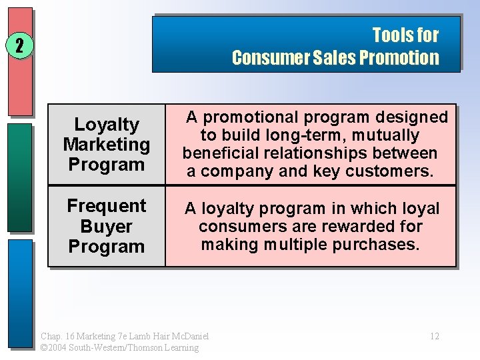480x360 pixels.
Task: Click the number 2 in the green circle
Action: pyautogui.click(x=19, y=46)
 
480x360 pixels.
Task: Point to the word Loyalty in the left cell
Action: pyautogui.click(x=107, y=124)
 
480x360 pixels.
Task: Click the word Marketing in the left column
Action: pyautogui.click(x=107, y=144)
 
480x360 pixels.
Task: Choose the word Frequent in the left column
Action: pyautogui.click(x=107, y=206)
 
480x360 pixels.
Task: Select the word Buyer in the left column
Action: pyautogui.click(x=107, y=226)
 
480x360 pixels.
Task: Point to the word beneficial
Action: pyautogui.click(x=222, y=153)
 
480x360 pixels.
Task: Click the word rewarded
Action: pyautogui.click(x=348, y=226)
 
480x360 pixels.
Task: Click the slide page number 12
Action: pyautogui.click(x=434, y=336)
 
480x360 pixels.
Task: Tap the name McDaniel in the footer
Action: pyautogui.click(x=188, y=336)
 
